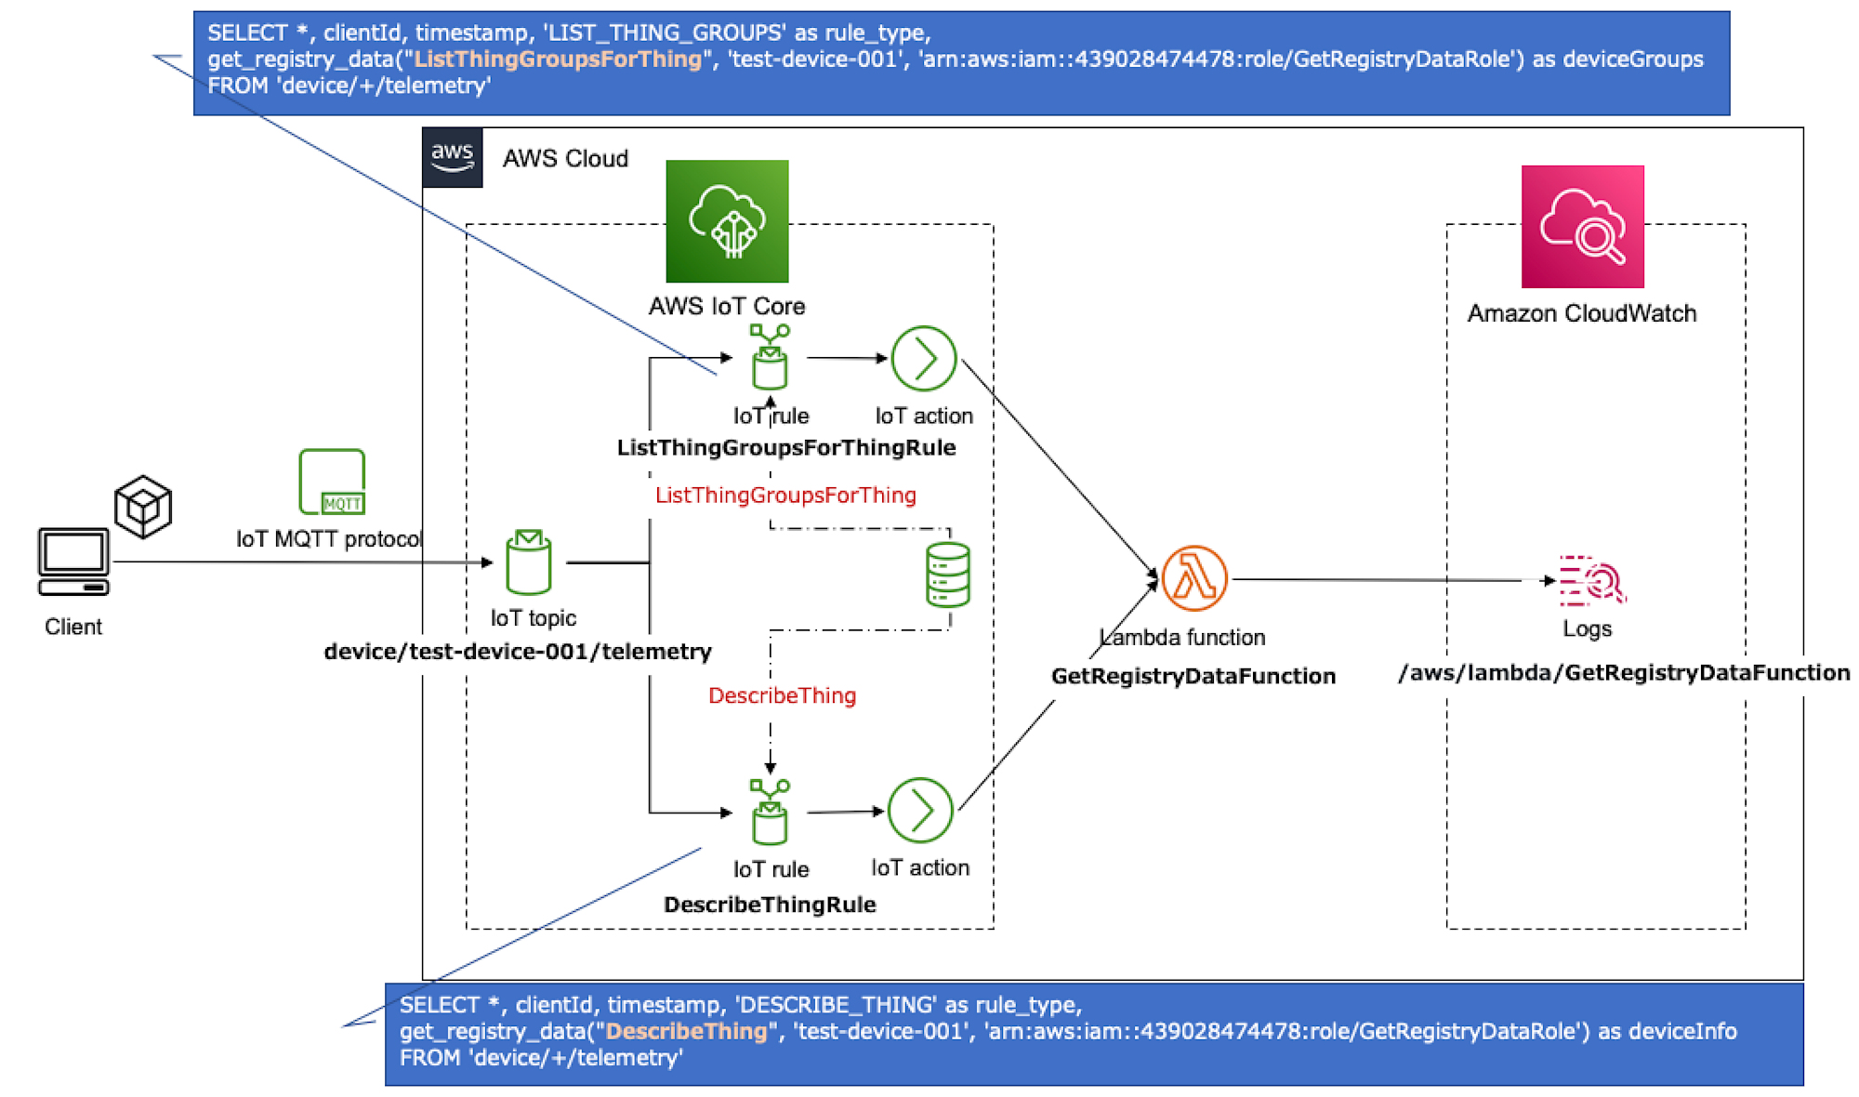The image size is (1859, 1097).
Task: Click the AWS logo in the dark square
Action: (452, 157)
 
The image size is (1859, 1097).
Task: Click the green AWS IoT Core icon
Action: (727, 221)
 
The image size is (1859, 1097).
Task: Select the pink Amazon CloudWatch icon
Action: (1582, 227)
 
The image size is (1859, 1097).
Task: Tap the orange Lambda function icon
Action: (1194, 578)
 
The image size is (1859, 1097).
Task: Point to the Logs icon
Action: (1591, 581)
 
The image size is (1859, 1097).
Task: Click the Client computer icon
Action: (73, 562)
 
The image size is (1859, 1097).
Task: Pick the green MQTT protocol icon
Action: (332, 482)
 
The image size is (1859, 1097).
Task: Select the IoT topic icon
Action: (529, 562)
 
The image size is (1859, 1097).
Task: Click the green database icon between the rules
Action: (948, 575)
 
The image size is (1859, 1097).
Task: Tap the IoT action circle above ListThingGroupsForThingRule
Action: (923, 358)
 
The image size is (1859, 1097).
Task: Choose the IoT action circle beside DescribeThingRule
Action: (919, 811)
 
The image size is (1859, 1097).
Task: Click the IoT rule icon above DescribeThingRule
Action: (770, 812)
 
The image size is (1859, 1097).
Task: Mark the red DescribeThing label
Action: (782, 695)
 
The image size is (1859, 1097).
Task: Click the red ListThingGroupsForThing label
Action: (785, 496)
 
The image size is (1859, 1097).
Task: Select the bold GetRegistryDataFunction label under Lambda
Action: (1193, 676)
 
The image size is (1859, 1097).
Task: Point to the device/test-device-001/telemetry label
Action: (518, 652)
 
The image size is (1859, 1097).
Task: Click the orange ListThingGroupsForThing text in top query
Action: (558, 59)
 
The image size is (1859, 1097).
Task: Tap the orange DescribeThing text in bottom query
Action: (687, 1031)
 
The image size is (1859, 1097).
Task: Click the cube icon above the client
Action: (143, 507)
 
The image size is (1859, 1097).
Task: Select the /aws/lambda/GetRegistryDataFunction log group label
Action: (1624, 673)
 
